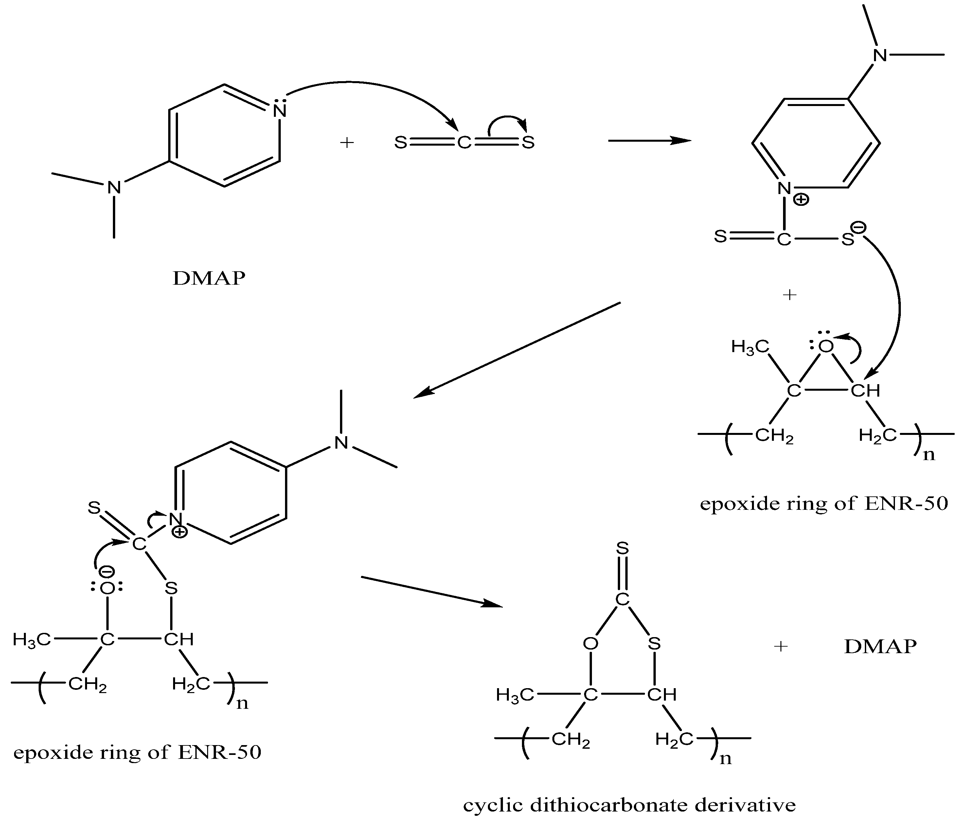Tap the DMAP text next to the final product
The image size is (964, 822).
click(x=880, y=647)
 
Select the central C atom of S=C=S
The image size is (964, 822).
click(x=464, y=143)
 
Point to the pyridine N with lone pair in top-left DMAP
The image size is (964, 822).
click(x=280, y=111)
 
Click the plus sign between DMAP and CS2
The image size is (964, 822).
click(x=347, y=142)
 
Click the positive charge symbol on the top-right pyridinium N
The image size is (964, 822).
click(x=801, y=200)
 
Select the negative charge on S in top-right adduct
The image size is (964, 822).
click(x=858, y=227)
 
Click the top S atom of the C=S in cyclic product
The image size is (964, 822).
click(x=622, y=549)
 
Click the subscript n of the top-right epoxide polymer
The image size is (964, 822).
click(x=929, y=455)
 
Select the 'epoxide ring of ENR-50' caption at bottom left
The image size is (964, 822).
click(x=137, y=752)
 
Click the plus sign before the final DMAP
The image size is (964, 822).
click(x=781, y=646)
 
